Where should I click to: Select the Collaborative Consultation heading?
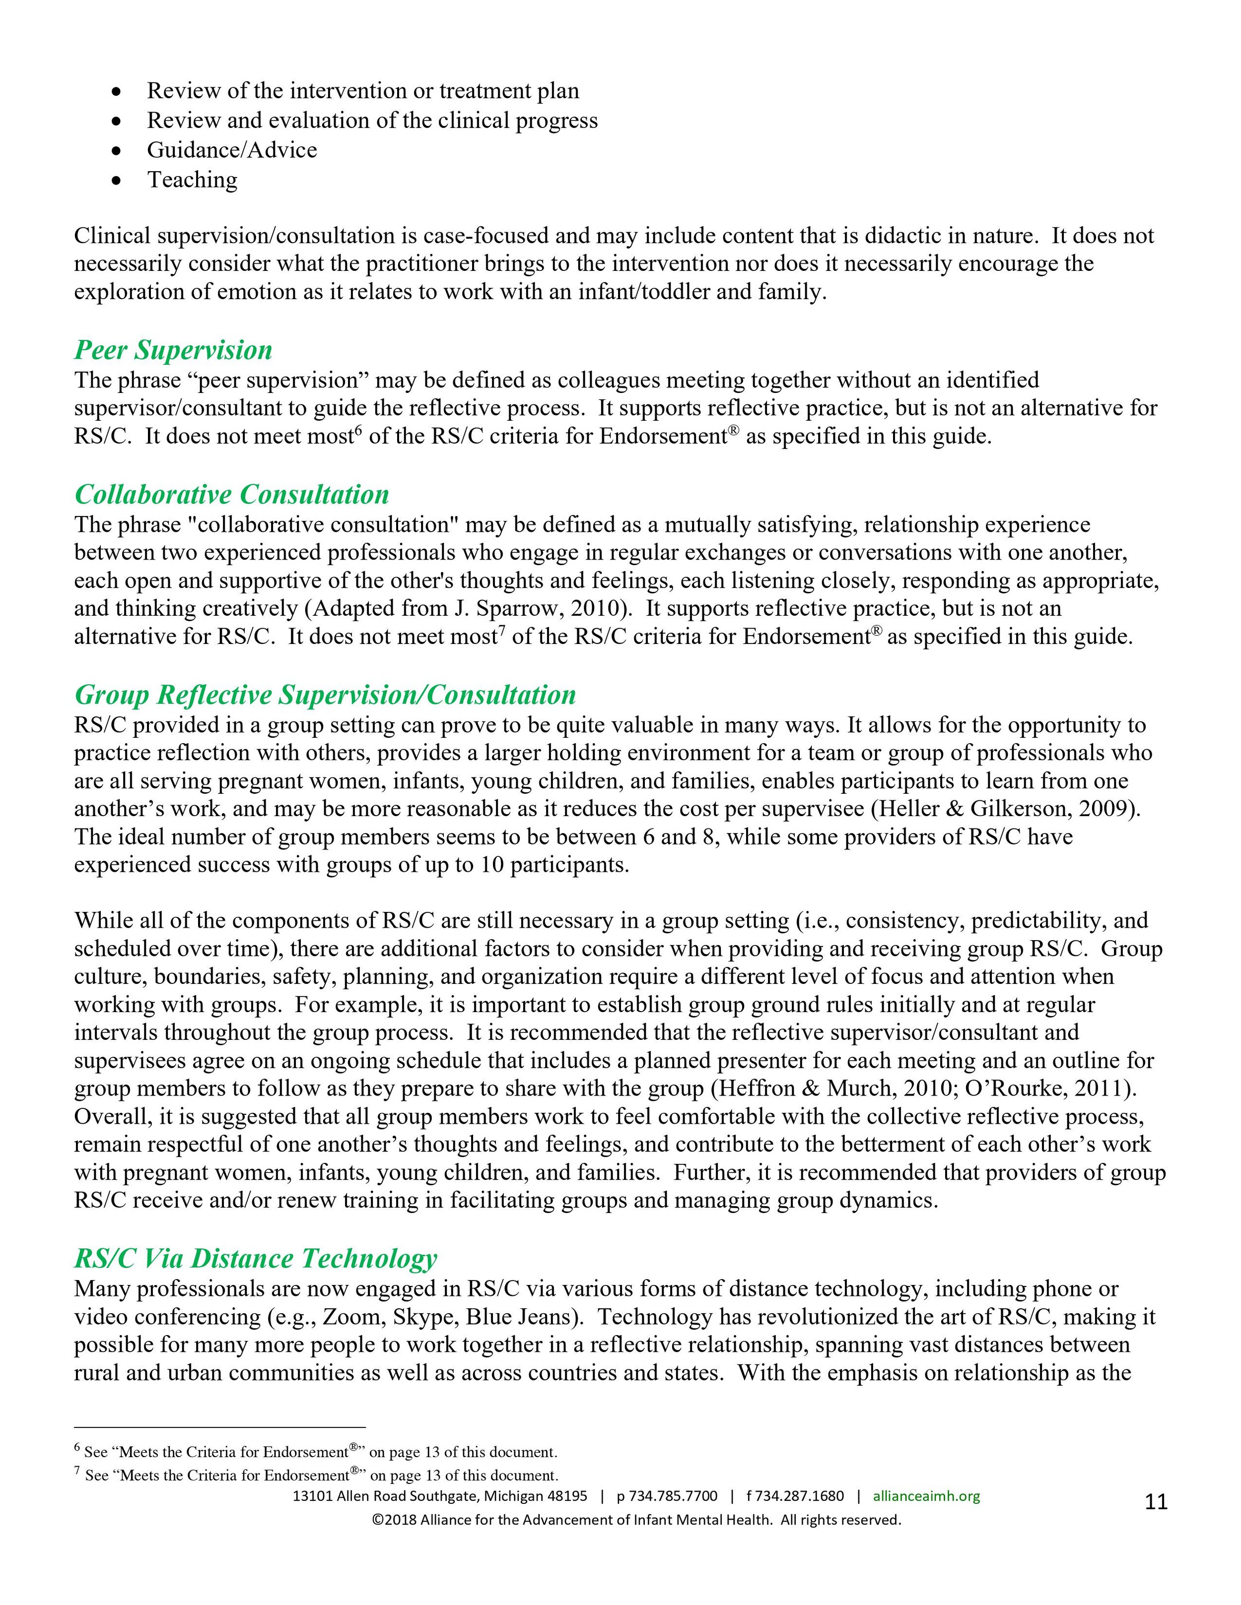[232, 495]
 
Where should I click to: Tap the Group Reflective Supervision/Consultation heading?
[325, 695]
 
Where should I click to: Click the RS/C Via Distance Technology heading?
[255, 1258]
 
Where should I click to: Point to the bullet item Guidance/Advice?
[232, 150]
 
